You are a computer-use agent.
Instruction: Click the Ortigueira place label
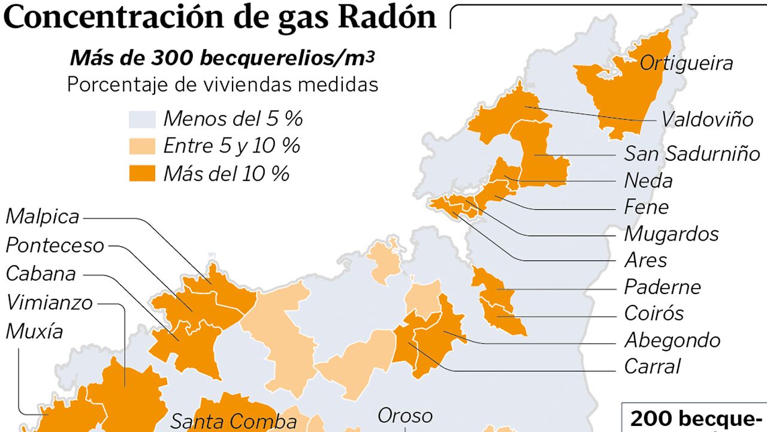[686, 64]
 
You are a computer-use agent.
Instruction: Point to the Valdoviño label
[707, 119]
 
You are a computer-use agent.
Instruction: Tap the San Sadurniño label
[692, 154]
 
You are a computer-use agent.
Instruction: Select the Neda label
[648, 181]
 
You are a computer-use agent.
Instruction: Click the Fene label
[646, 207]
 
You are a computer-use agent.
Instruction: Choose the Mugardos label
[671, 233]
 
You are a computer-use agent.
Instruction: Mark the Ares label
[645, 260]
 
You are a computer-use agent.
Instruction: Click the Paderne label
[662, 287]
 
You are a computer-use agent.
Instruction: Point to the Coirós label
[654, 313]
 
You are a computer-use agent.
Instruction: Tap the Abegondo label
[672, 340]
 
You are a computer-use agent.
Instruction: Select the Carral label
[653, 366]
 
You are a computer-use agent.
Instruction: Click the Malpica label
[43, 217]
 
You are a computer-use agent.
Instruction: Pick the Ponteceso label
[55, 245]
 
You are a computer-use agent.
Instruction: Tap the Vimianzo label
[49, 302]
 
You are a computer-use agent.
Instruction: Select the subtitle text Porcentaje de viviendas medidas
[222, 85]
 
